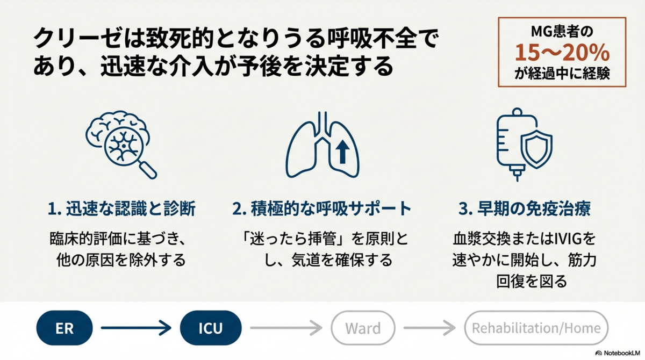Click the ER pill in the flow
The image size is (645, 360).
pos(64,328)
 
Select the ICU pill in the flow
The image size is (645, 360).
pos(211,328)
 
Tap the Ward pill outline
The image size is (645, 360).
pos(331,328)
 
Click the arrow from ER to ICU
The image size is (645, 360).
pos(136,328)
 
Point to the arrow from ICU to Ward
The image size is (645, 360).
pos(286,328)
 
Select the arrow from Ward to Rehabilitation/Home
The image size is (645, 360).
pos(429,328)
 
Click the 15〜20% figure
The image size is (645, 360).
pos(562,53)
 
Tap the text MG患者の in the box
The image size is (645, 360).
pos(562,32)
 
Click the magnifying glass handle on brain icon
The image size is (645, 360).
pos(148,170)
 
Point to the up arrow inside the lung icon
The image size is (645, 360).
pos(342,152)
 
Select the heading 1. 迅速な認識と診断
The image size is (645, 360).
pos(121,208)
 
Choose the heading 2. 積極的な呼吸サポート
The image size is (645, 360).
pos(322,208)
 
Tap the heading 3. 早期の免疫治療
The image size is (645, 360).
pos(525,208)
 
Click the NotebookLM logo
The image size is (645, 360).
pos(618,353)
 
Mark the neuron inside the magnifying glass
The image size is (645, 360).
pos(124,146)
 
